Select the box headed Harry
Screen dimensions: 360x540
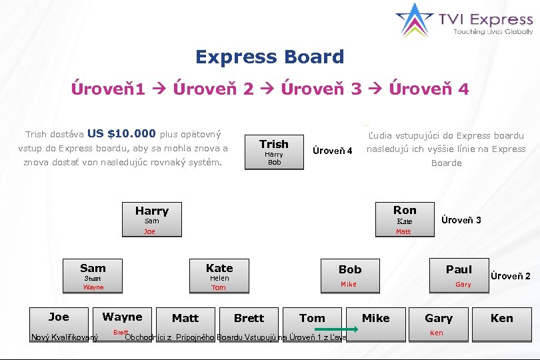click(x=152, y=219)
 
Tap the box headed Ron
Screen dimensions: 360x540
click(x=404, y=219)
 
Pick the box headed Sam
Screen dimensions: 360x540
click(x=93, y=276)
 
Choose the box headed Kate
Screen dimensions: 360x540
click(x=219, y=276)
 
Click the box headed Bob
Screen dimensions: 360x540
click(x=350, y=275)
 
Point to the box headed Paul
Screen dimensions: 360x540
click(x=459, y=275)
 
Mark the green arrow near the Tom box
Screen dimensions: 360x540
click(x=337, y=329)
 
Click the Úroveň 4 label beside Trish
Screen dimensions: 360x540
click(x=332, y=151)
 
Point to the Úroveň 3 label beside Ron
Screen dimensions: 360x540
click(x=461, y=220)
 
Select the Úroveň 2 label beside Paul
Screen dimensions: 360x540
click(x=511, y=276)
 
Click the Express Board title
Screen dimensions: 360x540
click(x=269, y=57)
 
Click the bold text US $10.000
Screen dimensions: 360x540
click(x=121, y=133)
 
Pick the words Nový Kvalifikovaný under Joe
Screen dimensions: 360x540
click(x=65, y=337)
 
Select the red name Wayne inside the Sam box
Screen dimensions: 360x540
click(x=93, y=287)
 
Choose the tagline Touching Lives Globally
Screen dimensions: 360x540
click(x=493, y=31)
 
